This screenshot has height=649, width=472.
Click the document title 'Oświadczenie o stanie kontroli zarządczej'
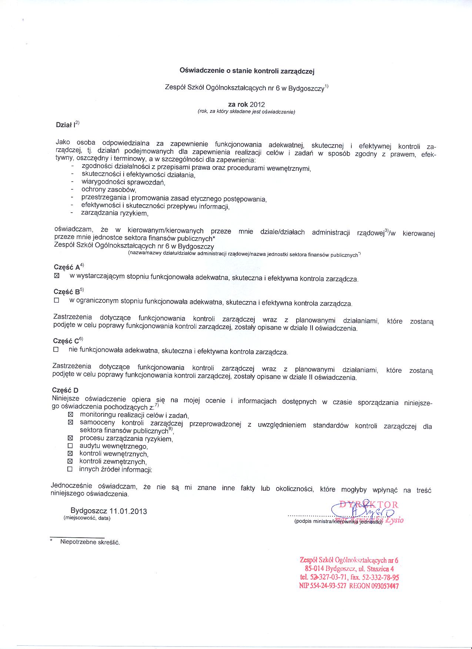coord(247,70)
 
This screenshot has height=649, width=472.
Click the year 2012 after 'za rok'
coord(257,105)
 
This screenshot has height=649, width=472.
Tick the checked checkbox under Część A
coord(57,276)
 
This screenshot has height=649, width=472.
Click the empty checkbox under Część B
coord(56,301)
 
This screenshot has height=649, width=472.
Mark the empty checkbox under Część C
coord(56,349)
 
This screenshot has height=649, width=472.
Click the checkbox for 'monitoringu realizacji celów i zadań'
coord(70,415)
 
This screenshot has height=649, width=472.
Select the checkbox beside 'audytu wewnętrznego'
coord(70,446)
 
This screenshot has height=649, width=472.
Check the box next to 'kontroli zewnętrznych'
coord(70,461)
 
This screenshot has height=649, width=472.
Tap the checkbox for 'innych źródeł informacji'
coord(70,469)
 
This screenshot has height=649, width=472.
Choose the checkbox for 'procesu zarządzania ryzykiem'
coord(70,438)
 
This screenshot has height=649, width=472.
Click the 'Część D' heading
coord(66,390)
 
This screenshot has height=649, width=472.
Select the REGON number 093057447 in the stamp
coord(385,586)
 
